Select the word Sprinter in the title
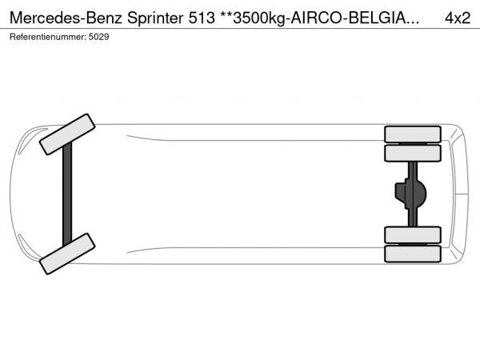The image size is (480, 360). tap(155, 18)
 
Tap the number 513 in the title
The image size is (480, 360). tap(202, 18)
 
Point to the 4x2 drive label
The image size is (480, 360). tap(458, 18)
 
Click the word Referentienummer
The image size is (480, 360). tap(48, 37)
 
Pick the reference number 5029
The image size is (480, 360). tap(98, 37)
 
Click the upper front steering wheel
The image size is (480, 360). tap(67, 134)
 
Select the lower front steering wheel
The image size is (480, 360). tap(67, 254)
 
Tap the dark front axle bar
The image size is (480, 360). tap(67, 194)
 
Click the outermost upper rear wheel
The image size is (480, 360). tap(413, 134)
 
